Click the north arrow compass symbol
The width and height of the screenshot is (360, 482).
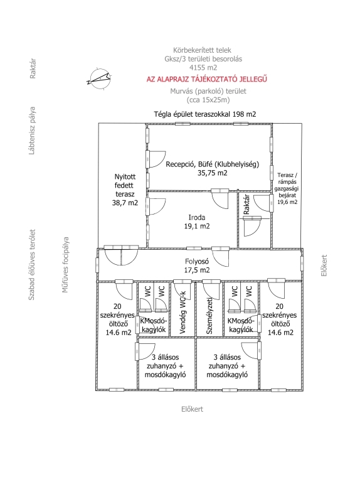tap(98, 78)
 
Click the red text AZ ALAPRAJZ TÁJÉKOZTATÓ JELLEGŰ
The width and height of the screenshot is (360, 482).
tap(207, 79)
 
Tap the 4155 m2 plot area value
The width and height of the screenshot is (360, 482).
tap(203, 67)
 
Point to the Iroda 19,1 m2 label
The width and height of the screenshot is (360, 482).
tap(197, 222)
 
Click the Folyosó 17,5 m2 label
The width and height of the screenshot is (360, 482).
tap(197, 265)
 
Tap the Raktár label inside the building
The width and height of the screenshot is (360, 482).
tap(246, 205)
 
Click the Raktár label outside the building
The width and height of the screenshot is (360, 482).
tap(33, 68)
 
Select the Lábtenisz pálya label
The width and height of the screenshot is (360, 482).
tap(31, 131)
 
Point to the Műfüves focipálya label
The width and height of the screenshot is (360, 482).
tap(65, 265)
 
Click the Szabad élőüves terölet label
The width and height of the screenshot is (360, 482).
tap(31, 265)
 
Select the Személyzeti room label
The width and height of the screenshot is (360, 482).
tap(209, 316)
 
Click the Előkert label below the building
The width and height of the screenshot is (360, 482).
tap(193, 409)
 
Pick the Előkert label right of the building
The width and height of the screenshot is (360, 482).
tap(324, 265)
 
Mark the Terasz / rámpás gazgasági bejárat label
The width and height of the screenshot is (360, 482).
tap(287, 188)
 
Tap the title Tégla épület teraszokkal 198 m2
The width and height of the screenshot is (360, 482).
tap(205, 114)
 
